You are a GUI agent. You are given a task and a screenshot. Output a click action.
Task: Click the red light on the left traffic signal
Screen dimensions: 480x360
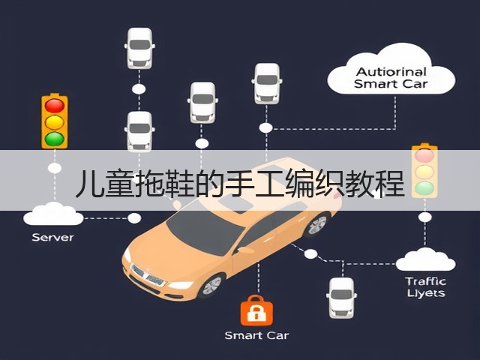[x=55, y=106]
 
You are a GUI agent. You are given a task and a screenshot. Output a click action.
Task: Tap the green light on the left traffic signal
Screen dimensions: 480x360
[x=55, y=139]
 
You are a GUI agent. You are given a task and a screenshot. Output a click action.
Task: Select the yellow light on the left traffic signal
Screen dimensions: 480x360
[x=55, y=122]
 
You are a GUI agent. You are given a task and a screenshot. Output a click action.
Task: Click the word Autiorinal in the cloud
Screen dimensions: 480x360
[x=391, y=72]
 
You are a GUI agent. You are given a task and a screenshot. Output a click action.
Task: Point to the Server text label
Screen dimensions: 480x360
[x=52, y=237]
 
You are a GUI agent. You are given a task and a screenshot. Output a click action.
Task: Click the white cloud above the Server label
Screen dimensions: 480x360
[x=53, y=214]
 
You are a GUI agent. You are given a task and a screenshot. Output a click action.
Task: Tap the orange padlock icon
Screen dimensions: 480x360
[x=256, y=310]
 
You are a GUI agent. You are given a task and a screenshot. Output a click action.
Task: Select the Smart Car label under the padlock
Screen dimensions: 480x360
[x=256, y=335]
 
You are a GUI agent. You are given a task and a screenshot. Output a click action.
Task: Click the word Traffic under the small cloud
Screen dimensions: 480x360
[x=425, y=281]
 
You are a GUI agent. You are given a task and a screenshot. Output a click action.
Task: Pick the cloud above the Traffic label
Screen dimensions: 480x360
[x=425, y=259]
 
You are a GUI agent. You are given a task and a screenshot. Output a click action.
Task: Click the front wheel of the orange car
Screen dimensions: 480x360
[x=211, y=286]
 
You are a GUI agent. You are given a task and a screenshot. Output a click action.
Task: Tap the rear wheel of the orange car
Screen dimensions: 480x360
[x=317, y=225]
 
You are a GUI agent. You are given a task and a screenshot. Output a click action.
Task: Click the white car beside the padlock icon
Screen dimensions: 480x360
[x=341, y=298]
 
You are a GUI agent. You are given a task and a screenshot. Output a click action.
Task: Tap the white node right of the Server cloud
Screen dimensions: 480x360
[x=134, y=218]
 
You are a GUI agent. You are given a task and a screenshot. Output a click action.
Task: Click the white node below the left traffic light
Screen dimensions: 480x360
[x=55, y=168]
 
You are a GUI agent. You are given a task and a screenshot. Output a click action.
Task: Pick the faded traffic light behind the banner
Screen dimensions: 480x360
[x=424, y=171]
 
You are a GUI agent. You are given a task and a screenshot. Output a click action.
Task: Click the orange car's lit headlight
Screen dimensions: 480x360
[x=181, y=285]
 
